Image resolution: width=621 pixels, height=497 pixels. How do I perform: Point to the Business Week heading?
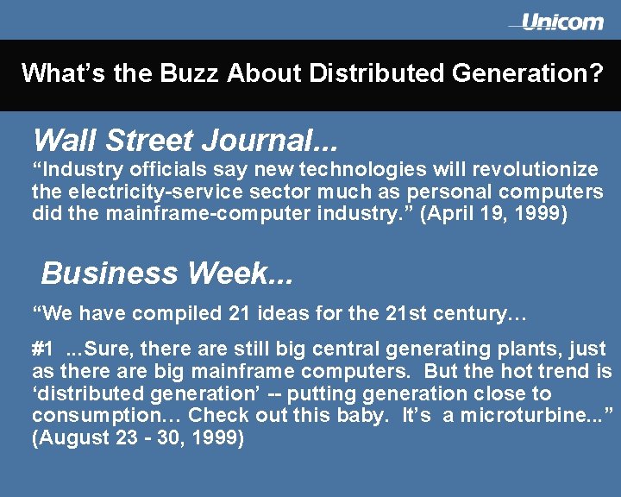(x=167, y=274)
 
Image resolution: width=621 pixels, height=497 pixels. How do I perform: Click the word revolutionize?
(x=532, y=169)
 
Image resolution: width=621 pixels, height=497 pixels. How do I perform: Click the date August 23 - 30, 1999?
(x=138, y=438)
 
